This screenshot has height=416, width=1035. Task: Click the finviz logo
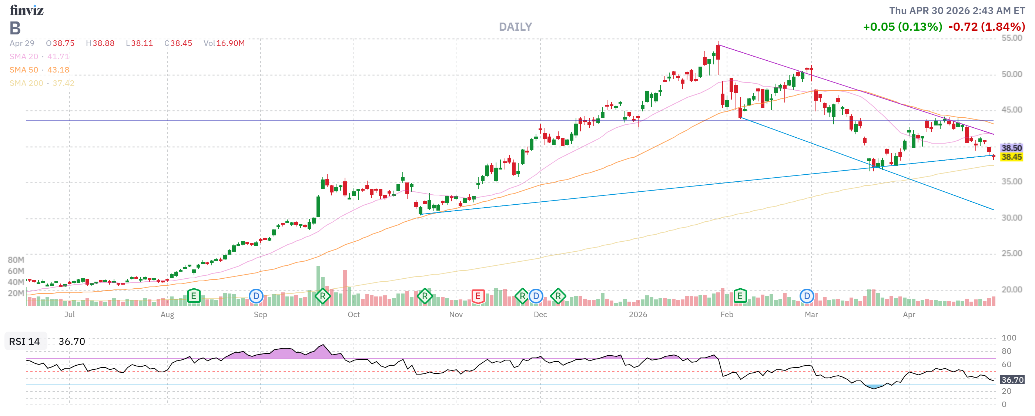click(27, 10)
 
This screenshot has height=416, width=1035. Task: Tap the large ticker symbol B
click(15, 28)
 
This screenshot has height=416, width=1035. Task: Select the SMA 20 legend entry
click(39, 57)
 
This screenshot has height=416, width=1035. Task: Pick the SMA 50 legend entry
click(39, 70)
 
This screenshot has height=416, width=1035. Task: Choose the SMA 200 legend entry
click(42, 83)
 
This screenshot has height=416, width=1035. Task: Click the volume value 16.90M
click(230, 43)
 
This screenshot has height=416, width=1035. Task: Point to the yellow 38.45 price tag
click(1011, 157)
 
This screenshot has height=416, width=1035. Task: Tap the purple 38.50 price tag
click(1011, 148)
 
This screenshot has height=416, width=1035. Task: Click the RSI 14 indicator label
click(24, 341)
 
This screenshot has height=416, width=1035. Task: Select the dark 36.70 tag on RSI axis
click(1012, 379)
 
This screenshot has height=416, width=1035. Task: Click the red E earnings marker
click(478, 296)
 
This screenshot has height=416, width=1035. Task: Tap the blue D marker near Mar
click(806, 296)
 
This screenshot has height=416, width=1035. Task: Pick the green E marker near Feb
click(740, 296)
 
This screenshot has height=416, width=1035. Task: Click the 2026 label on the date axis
click(638, 315)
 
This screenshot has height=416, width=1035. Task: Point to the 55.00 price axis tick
click(1011, 38)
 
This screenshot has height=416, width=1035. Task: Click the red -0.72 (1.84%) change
click(987, 27)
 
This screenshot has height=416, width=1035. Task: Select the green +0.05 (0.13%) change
click(902, 27)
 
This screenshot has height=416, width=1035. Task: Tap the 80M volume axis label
click(16, 260)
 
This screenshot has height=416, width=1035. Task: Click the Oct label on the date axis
click(354, 315)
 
